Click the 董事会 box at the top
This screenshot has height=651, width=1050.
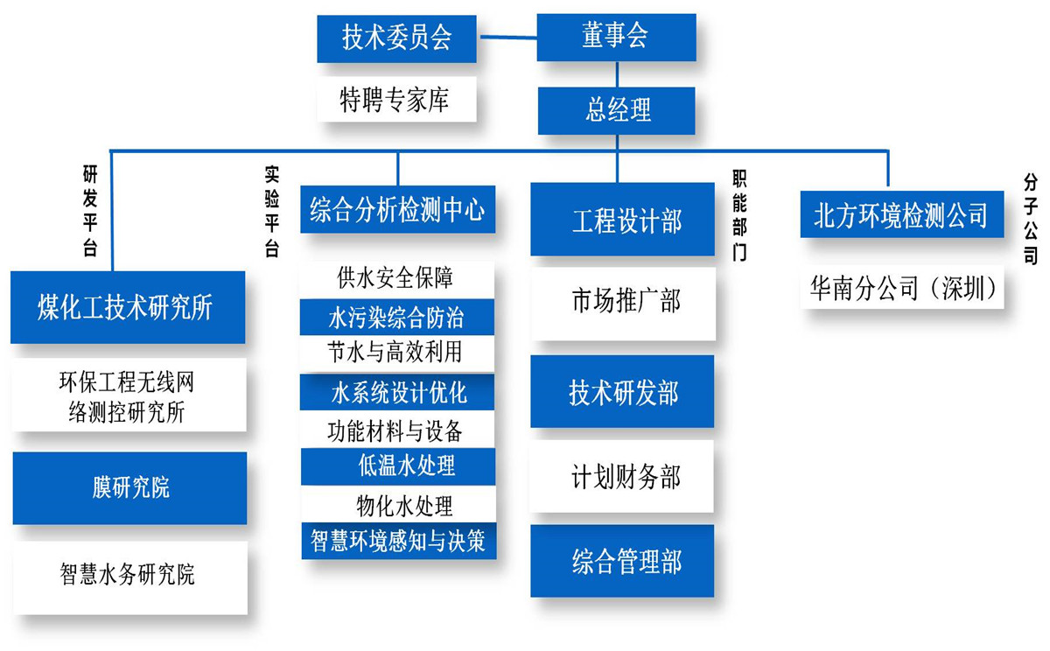point(616,37)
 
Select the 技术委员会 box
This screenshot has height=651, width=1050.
point(396,38)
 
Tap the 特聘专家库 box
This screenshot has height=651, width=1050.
point(396,100)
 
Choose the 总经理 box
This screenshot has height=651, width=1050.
point(617,110)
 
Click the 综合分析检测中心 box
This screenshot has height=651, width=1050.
point(397,210)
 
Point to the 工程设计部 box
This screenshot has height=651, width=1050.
point(622,220)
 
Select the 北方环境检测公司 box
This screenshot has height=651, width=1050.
point(901,214)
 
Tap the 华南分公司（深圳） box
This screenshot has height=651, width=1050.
point(901,290)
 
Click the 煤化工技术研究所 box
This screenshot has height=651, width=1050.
point(128,307)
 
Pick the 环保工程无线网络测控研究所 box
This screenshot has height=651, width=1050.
point(128,396)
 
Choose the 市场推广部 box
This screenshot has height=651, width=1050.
point(622,303)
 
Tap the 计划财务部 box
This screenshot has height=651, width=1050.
point(622,477)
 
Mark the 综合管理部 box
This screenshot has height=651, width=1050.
point(622,561)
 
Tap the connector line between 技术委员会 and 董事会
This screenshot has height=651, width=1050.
point(507,37)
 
